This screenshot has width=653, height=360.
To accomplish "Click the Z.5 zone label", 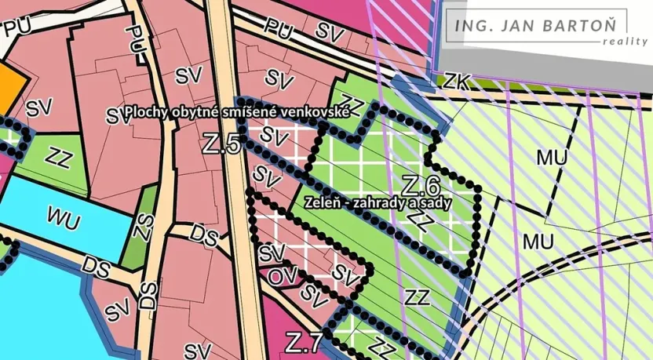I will click(x=221, y=144).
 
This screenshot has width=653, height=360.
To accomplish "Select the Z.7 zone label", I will click(x=303, y=343).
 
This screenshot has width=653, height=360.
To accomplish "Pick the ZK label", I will click(x=457, y=80).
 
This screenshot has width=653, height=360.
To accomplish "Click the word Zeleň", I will click(x=323, y=202).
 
